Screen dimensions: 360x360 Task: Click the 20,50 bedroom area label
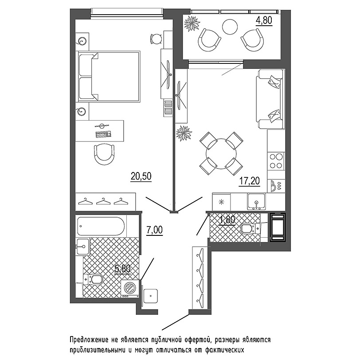click(141, 176)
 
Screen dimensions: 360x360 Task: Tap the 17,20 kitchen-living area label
click(249, 181)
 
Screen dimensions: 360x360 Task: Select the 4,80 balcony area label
click(264, 20)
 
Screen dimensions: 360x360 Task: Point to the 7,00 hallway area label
click(154, 230)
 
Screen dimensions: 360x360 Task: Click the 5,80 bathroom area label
click(123, 269)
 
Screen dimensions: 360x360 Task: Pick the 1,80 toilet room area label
click(227, 220)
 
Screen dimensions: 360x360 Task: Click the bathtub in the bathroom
click(101, 226)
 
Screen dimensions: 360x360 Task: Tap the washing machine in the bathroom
click(130, 289)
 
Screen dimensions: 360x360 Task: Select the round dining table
click(221, 153)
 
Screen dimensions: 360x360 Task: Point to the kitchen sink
click(256, 201)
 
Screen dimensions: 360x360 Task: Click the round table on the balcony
click(230, 27)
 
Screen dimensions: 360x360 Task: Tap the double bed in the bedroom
click(109, 76)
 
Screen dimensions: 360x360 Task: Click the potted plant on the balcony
click(192, 23)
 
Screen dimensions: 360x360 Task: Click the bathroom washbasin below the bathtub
click(83, 247)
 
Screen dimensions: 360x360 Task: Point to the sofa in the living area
click(270, 99)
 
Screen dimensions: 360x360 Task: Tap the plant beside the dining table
click(184, 133)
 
